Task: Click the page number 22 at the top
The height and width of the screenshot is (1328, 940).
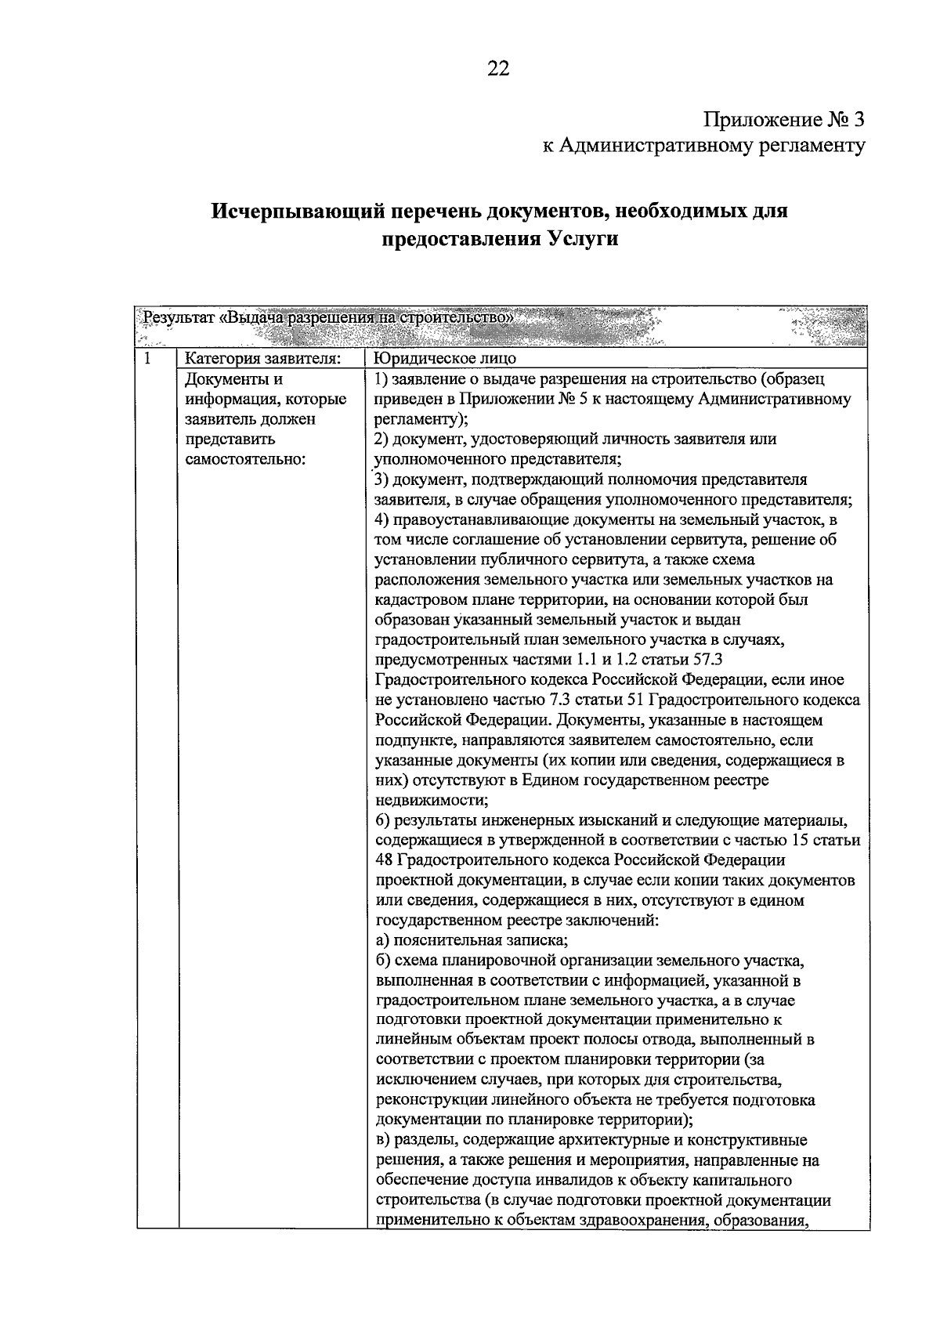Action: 498,69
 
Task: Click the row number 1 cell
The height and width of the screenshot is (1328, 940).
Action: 147,359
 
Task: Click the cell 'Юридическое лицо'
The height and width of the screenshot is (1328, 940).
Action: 445,360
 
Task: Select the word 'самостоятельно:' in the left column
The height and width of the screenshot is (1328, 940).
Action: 244,459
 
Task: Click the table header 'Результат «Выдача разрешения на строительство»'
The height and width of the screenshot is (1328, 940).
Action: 327,318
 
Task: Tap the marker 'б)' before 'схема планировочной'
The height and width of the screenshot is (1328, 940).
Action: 383,961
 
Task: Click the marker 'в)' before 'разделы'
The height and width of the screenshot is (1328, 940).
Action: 382,1140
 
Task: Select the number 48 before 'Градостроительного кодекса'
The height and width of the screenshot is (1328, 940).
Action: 385,860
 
